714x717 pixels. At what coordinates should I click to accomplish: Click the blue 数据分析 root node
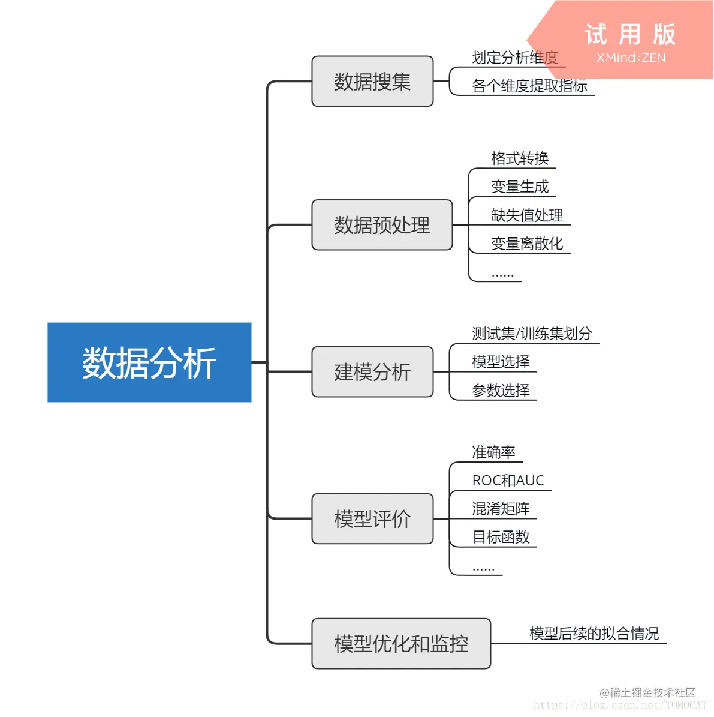149,362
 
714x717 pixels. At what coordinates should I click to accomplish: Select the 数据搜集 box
372,82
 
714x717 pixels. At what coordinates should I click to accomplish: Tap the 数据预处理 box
382,225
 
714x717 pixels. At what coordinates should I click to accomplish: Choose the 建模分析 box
372,372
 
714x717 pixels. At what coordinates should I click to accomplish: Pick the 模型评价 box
372,519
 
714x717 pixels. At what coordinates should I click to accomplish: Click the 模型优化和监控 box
401,644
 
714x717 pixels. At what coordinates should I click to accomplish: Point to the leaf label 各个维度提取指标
529,86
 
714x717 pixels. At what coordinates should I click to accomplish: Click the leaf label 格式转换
520,158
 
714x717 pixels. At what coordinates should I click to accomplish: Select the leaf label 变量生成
520,187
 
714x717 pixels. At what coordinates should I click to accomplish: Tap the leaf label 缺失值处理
527,215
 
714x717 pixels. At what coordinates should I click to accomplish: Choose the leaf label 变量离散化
527,244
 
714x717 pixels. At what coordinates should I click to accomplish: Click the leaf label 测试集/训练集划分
532,334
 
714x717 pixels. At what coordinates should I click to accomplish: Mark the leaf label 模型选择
501,362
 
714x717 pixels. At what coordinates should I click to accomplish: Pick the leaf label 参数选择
501,391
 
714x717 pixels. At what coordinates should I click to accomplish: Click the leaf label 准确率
493,452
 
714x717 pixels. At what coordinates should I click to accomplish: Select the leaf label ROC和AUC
508,481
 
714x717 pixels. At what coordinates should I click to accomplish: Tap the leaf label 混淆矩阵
501,509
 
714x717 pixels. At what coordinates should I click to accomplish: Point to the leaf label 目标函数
501,537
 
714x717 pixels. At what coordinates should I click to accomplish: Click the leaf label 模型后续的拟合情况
594,634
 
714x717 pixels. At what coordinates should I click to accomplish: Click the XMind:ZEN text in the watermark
631,58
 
